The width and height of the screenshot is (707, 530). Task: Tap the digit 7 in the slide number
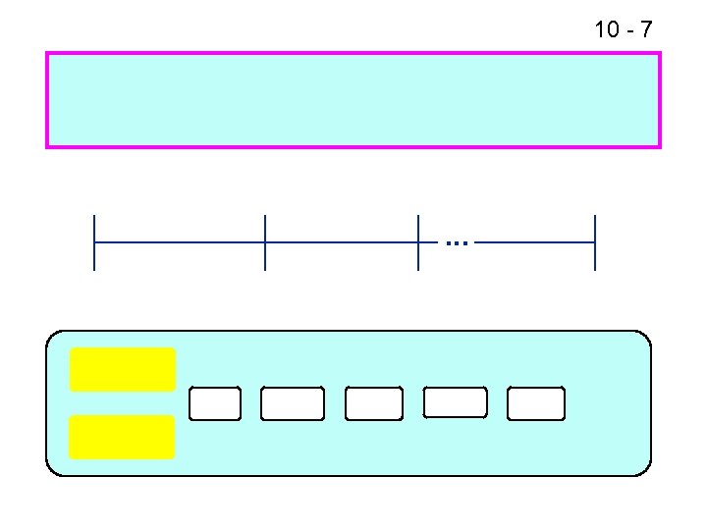(644, 29)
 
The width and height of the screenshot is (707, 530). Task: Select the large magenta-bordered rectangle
(353, 100)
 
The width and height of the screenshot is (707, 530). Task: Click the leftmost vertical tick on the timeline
(94, 241)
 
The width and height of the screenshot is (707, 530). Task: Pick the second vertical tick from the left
(265, 241)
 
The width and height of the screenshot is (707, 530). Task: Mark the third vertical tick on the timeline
(418, 241)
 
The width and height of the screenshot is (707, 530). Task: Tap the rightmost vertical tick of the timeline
(595, 241)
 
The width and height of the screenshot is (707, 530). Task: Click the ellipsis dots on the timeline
(457, 241)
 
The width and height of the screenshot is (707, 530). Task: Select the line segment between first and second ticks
(180, 241)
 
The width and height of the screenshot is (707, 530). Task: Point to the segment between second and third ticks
(342, 241)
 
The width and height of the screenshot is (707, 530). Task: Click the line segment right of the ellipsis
(536, 241)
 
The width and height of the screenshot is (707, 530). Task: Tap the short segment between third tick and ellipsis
(430, 241)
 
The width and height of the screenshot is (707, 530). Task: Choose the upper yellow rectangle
(122, 370)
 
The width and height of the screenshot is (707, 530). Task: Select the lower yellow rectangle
(122, 437)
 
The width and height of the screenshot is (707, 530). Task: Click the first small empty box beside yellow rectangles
(214, 403)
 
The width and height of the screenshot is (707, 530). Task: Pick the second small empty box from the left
(292, 403)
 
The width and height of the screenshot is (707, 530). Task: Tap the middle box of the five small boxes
(373, 403)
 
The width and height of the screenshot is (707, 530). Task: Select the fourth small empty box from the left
(455, 402)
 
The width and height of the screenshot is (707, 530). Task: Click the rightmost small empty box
(536, 403)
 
